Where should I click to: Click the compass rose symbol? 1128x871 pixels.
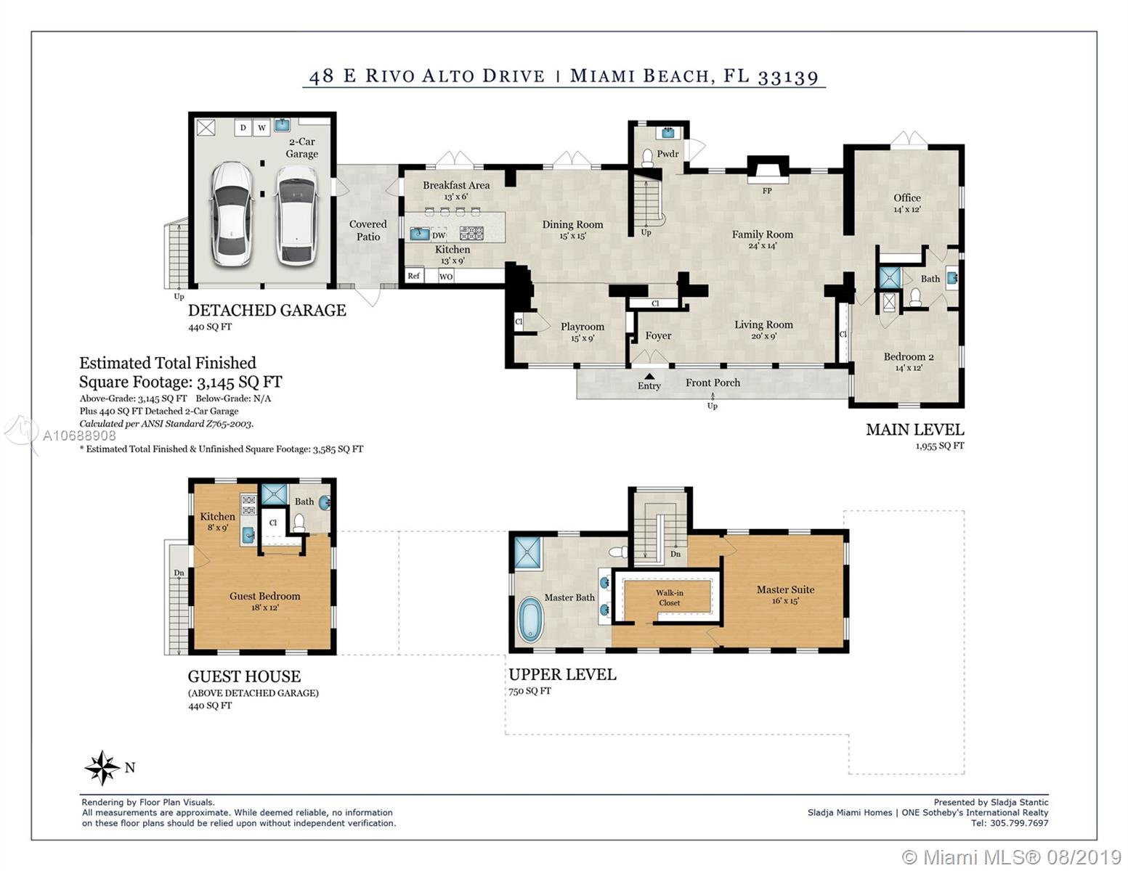(x=102, y=767)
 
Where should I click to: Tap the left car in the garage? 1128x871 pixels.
(x=232, y=214)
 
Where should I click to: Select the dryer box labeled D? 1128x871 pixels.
(x=243, y=128)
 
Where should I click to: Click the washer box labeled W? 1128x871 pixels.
(x=261, y=128)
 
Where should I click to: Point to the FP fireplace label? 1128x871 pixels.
(x=767, y=191)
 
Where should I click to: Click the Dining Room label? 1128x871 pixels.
(x=572, y=224)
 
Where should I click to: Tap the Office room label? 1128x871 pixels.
(x=907, y=197)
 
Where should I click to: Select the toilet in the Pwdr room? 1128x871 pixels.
(x=647, y=158)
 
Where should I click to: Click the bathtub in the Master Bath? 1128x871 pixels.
(x=530, y=619)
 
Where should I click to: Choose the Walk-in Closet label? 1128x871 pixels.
(x=669, y=597)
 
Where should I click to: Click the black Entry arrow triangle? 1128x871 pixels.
(x=649, y=376)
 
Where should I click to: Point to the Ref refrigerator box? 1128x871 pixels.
(x=414, y=276)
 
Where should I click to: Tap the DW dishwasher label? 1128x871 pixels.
(x=439, y=235)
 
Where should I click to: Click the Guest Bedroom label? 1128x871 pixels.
(x=264, y=596)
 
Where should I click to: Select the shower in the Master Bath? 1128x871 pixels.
(x=527, y=552)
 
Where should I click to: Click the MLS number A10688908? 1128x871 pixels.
(x=79, y=435)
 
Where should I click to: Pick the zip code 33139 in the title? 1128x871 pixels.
(x=788, y=76)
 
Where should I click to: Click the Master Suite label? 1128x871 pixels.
(x=785, y=589)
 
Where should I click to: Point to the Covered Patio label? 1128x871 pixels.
(x=368, y=230)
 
